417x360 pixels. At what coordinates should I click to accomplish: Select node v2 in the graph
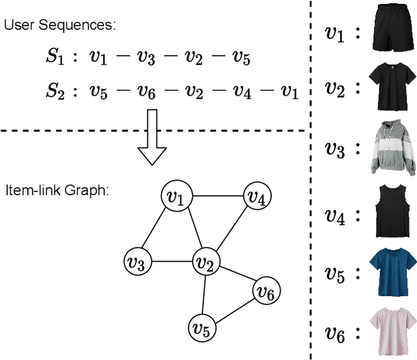(x=205, y=263)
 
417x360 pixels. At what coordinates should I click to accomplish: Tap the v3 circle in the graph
(x=137, y=263)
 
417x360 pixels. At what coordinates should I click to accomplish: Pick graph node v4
(x=257, y=197)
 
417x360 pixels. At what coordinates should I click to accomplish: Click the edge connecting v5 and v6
(x=234, y=309)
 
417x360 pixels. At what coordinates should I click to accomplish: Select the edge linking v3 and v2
(x=171, y=263)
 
